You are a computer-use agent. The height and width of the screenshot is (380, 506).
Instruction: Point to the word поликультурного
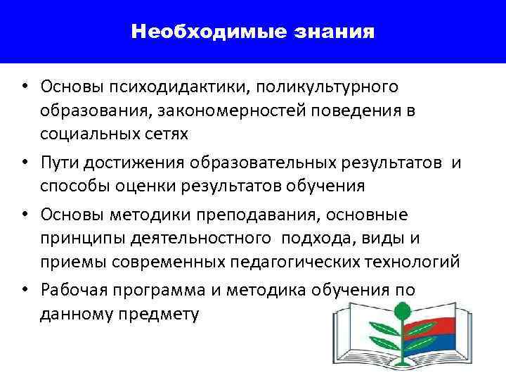327,87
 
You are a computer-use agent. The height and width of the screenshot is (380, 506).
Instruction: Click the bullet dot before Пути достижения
24,164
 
